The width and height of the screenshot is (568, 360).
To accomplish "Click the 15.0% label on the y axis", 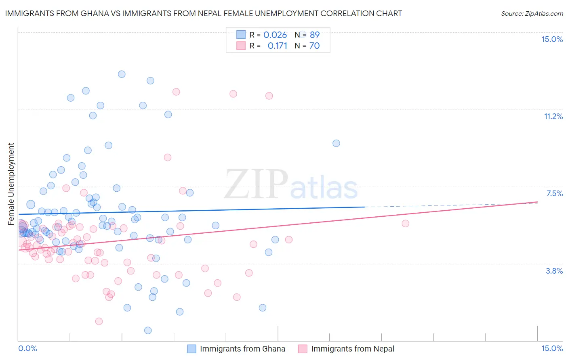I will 552,39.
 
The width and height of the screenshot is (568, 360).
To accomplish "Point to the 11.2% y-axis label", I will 553,116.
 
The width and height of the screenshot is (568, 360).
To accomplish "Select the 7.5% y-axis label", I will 554,193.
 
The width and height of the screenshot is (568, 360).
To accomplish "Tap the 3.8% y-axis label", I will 554,271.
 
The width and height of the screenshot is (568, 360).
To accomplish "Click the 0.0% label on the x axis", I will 27,348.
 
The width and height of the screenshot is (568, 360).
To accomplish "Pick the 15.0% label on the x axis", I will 552,348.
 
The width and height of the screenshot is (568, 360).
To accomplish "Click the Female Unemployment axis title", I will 11,184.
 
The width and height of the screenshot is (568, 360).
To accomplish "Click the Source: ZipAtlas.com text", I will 532,14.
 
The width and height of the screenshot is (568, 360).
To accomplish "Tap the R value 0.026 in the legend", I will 275,35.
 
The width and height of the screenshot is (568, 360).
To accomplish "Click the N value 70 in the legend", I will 314,46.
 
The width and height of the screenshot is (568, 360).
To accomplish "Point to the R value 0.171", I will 278,46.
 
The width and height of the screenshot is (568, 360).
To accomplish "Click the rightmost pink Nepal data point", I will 405,223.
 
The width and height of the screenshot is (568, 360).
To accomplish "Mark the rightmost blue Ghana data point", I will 336,143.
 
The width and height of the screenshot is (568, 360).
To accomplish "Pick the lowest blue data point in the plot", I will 148,330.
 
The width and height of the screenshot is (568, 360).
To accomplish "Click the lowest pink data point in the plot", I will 99,321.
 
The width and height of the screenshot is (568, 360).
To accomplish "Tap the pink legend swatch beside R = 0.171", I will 241,46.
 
